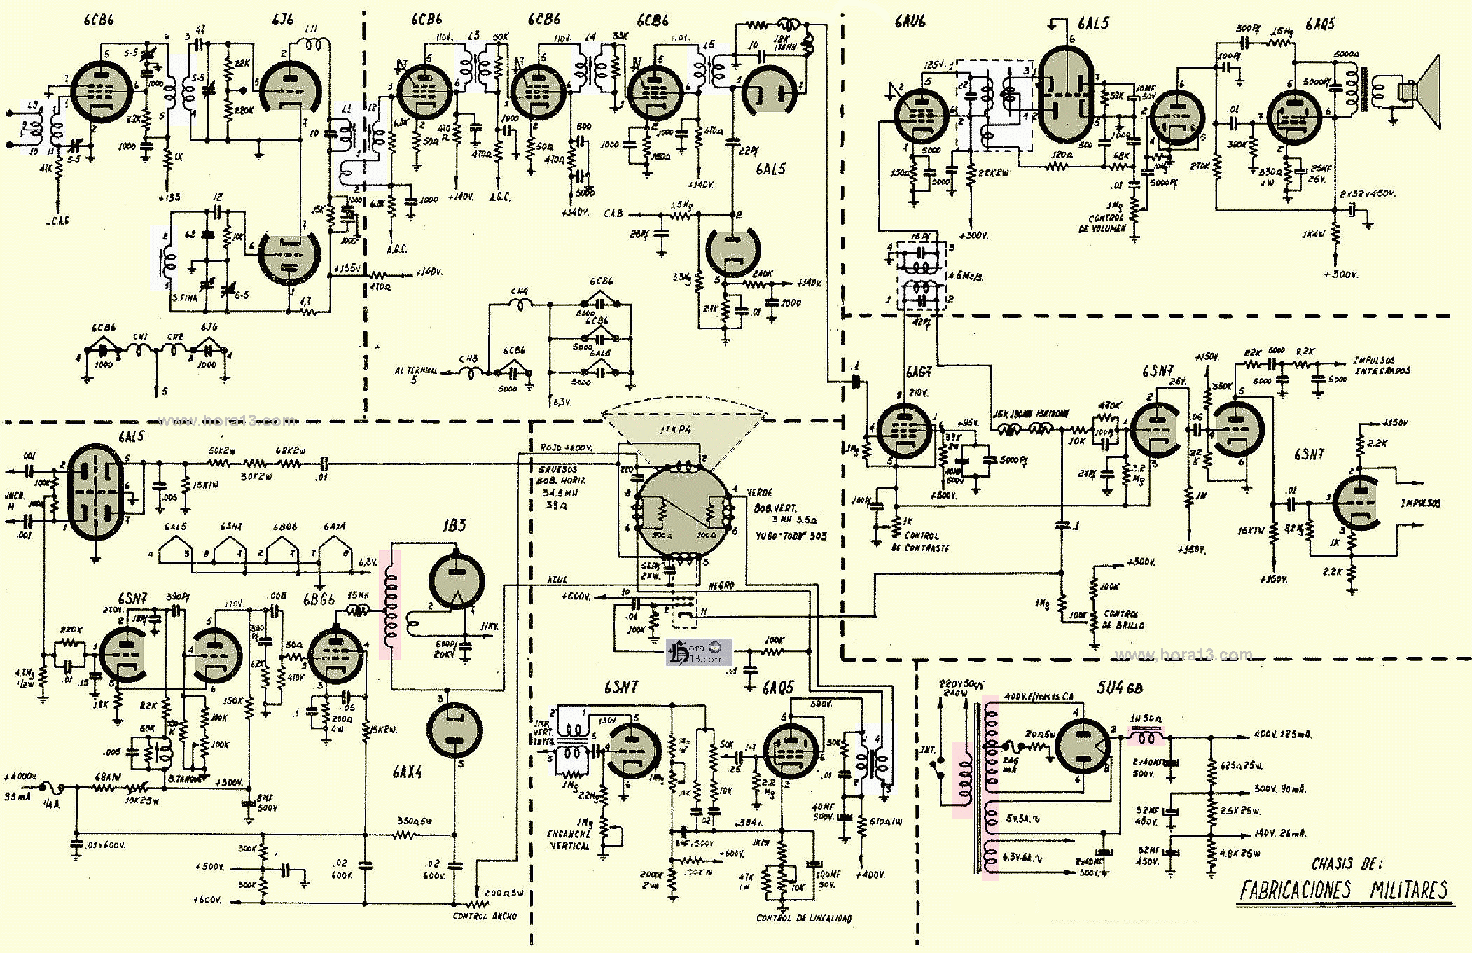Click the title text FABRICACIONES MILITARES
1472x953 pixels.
pyautogui.click(x=1343, y=890)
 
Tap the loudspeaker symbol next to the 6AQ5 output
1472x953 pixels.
pyautogui.click(x=1418, y=91)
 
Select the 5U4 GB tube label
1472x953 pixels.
pyautogui.click(x=1119, y=688)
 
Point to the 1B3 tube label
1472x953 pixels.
pyautogui.click(x=454, y=525)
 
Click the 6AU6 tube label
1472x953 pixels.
pyautogui.click(x=910, y=22)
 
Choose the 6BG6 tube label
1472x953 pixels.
pyautogui.click(x=319, y=600)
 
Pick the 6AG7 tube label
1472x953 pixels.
pyautogui.click(x=919, y=372)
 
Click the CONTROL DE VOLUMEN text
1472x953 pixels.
pyautogui.click(x=1106, y=223)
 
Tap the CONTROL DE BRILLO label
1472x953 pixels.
pyautogui.click(x=1123, y=620)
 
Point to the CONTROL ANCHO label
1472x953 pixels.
pyautogui.click(x=485, y=916)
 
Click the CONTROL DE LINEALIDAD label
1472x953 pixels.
pyautogui.click(x=804, y=918)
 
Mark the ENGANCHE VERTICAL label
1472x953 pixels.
pyautogui.click(x=569, y=840)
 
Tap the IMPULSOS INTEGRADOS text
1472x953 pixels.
pyautogui.click(x=1381, y=365)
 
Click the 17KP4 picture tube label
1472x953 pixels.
pyautogui.click(x=674, y=429)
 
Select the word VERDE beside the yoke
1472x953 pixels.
pyautogui.click(x=759, y=493)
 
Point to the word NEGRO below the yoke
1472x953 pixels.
pyautogui.click(x=721, y=585)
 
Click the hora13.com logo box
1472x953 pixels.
pyautogui.click(x=699, y=652)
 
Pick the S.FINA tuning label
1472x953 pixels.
pyautogui.click(x=185, y=298)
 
